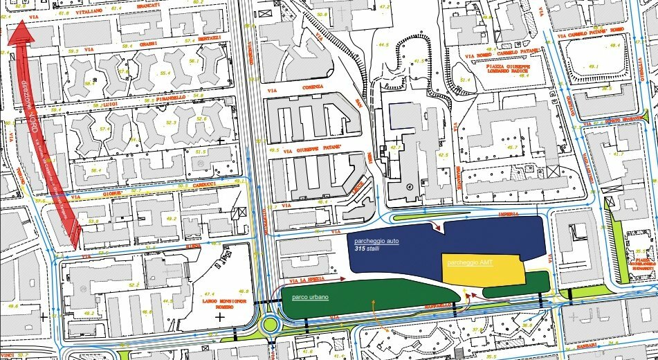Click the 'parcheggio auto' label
(x=377, y=241)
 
